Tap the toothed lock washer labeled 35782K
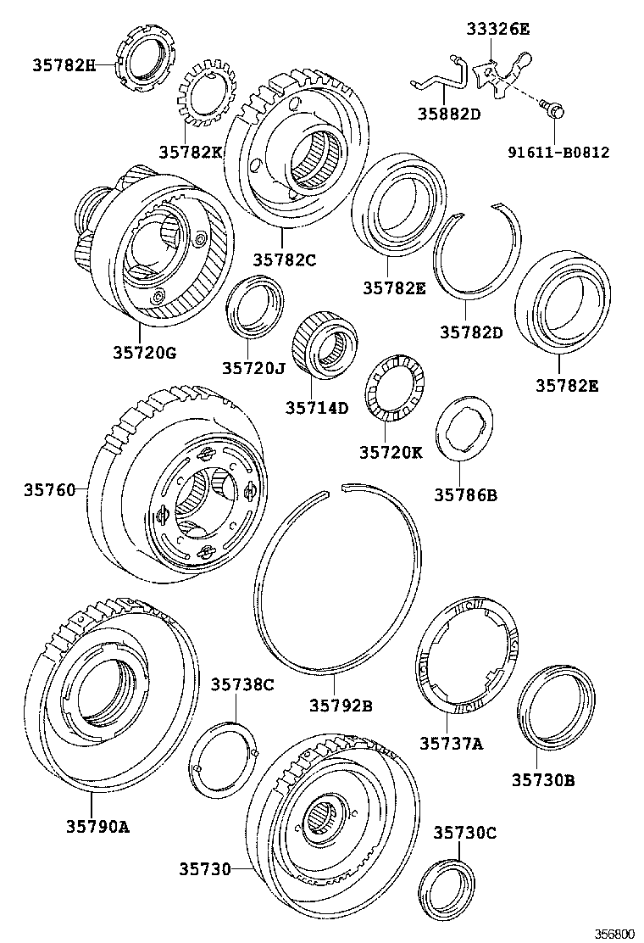click(x=204, y=103)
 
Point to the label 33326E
click(x=497, y=30)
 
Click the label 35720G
click(x=144, y=352)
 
